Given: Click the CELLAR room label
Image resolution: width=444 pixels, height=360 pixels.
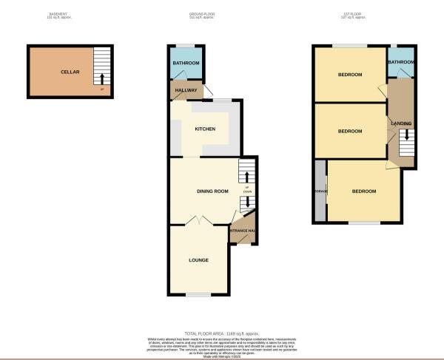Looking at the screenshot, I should pyautogui.click(x=70, y=72).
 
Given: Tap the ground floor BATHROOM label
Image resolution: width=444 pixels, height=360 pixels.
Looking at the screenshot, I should pyautogui.click(x=186, y=64).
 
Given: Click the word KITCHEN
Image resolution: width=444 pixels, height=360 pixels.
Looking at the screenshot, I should pyautogui.click(x=205, y=129).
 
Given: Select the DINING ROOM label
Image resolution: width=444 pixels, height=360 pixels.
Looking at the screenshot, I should pyautogui.click(x=212, y=191).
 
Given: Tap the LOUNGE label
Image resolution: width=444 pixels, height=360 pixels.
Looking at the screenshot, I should pyautogui.click(x=198, y=260).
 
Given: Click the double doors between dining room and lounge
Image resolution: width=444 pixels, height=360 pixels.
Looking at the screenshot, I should pyautogui.click(x=198, y=220).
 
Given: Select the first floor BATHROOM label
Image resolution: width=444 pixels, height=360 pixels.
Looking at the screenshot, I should pyautogui.click(x=401, y=63).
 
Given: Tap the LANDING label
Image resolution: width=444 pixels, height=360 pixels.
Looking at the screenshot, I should pyautogui.click(x=402, y=123).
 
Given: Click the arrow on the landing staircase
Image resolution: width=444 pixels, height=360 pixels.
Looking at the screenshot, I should pyautogui.click(x=404, y=137).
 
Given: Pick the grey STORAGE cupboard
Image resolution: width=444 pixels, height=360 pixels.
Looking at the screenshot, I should pyautogui.click(x=320, y=191).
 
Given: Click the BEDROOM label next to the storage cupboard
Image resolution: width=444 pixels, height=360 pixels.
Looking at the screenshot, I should pyautogui.click(x=363, y=191).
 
